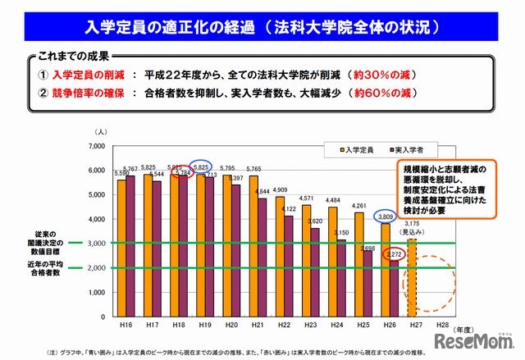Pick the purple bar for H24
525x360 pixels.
coord(342,279)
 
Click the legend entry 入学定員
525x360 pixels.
coord(354,149)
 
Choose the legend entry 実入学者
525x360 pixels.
coord(399,149)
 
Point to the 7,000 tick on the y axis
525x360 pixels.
coord(97,146)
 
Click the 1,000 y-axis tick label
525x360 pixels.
coord(97,293)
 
